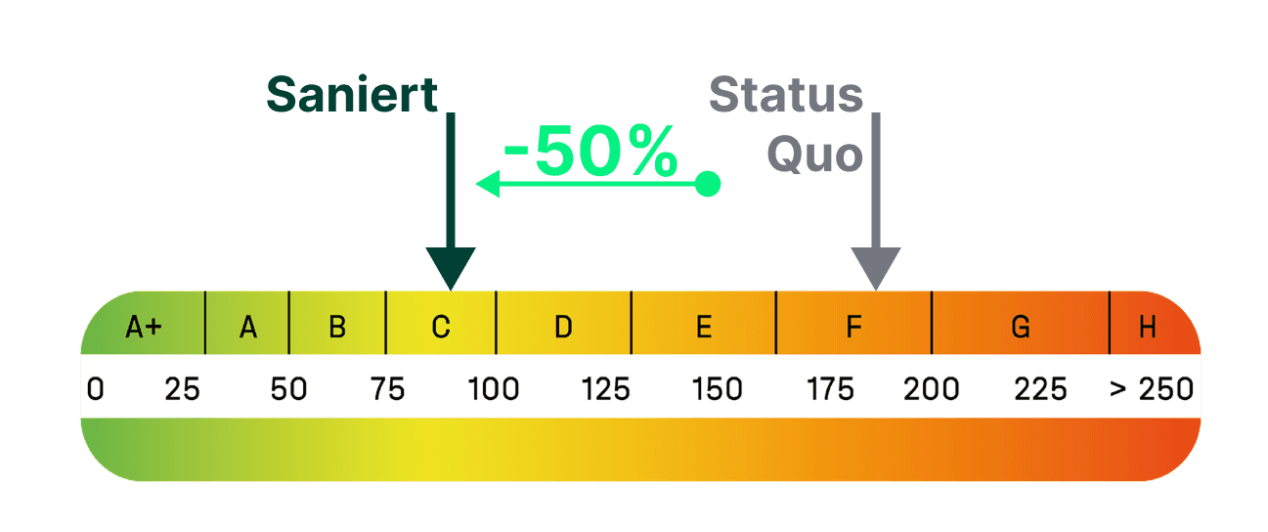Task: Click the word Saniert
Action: pos(352,95)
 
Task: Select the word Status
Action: pos(786,95)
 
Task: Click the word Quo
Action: pos(814,155)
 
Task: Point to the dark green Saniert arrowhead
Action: pos(450,267)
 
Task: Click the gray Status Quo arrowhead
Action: pos(876,267)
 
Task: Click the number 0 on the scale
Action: pos(95,389)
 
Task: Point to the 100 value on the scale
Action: pos(494,389)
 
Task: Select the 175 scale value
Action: pos(830,389)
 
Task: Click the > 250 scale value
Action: pos(1152,389)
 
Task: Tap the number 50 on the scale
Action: pos(288,389)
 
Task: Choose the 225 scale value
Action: pos(1040,389)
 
